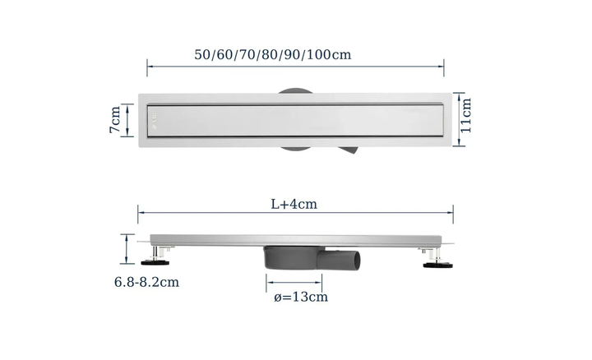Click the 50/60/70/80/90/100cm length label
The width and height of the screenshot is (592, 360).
coord(273,55)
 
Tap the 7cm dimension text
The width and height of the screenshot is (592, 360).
coord(115,119)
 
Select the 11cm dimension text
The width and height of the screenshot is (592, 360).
coord(466,115)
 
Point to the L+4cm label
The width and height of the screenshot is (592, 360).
coord(294,204)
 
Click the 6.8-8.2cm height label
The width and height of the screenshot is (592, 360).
coord(146,282)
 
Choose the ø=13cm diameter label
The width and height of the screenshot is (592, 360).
coord(301,297)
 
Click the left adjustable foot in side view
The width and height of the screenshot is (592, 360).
coord(156,257)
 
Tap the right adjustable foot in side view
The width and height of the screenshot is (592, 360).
coord(437,258)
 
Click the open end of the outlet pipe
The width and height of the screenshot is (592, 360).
coord(356,261)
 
